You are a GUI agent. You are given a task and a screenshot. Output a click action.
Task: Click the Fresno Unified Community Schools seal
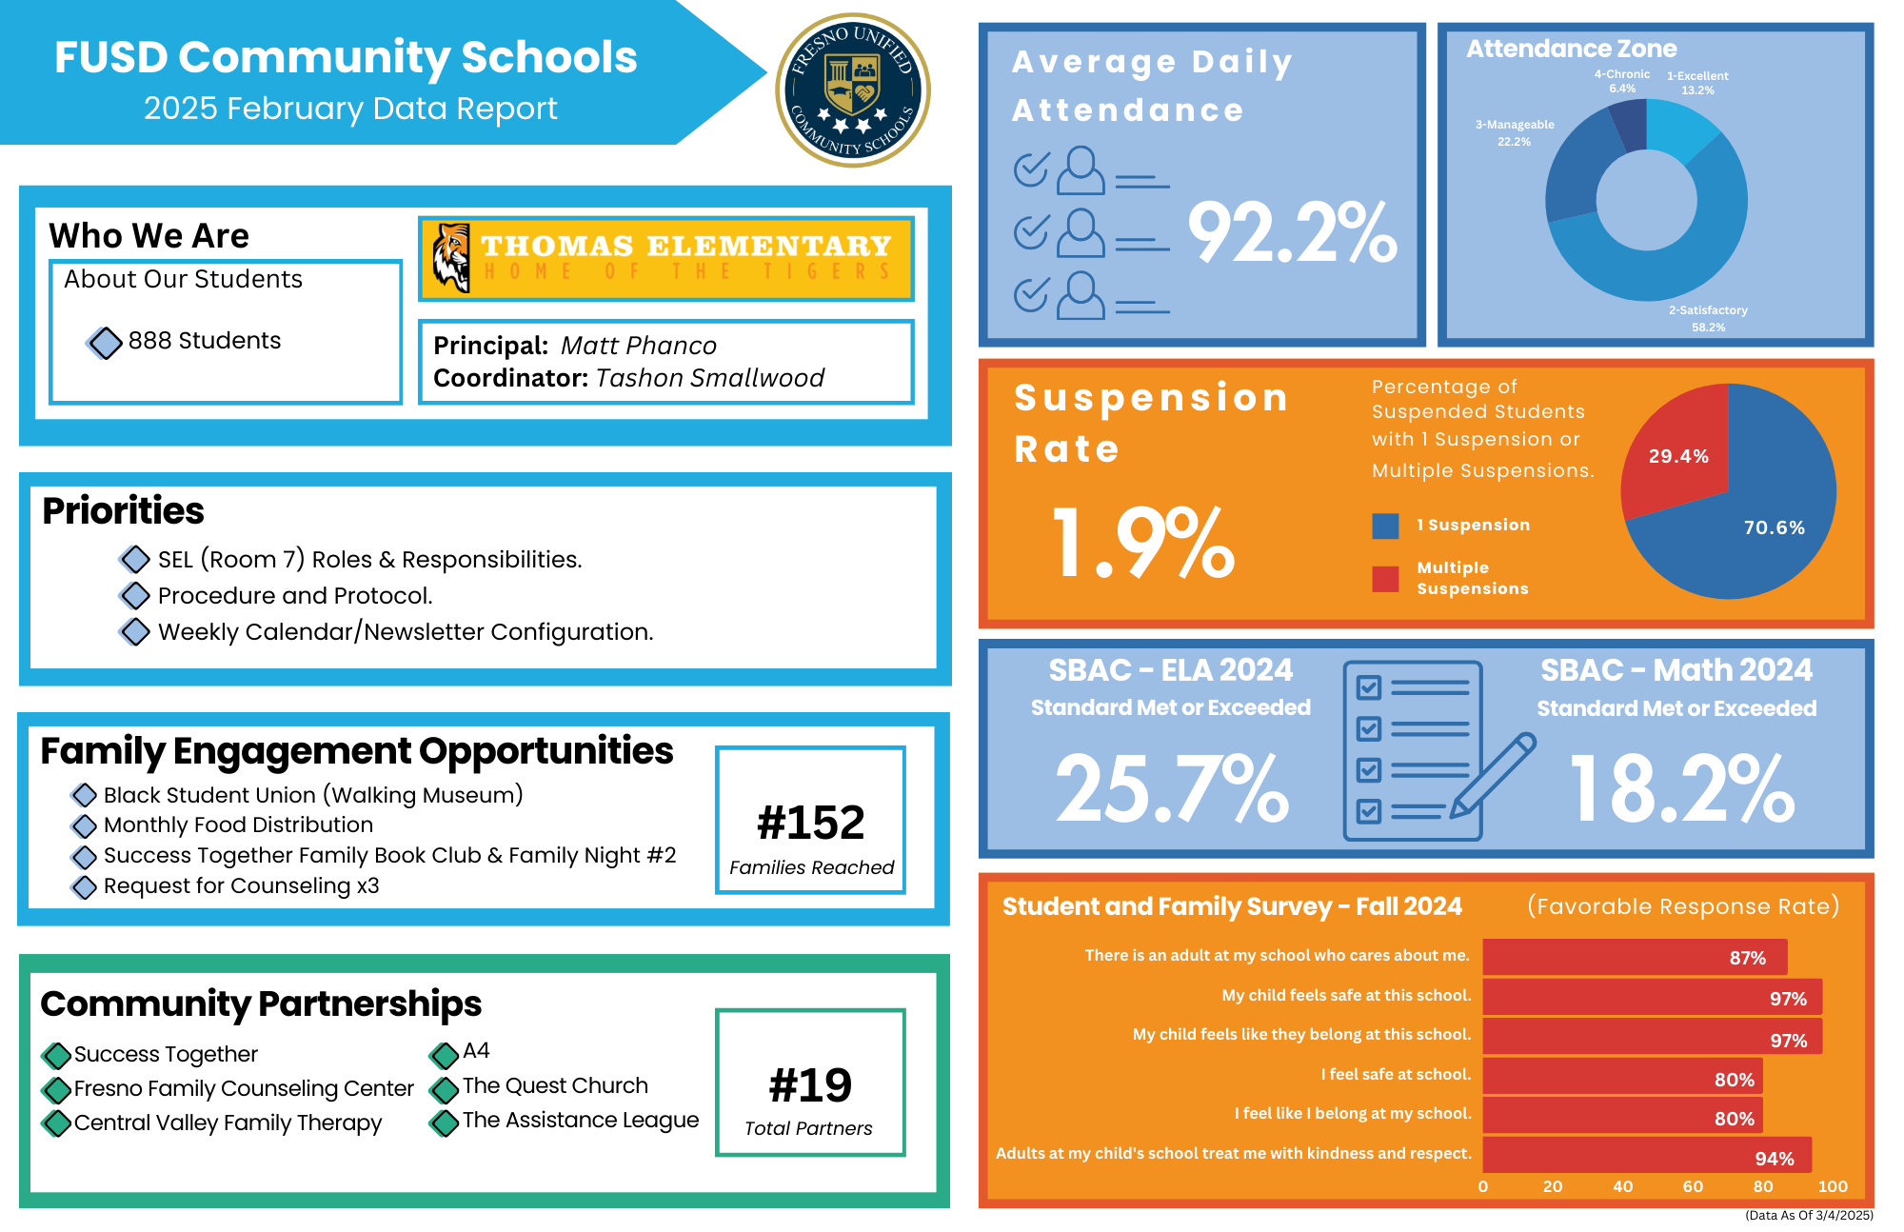[853, 90]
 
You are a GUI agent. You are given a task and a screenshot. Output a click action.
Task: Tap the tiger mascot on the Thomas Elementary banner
[451, 257]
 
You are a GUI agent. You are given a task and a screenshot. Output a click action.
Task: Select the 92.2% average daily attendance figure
[1292, 233]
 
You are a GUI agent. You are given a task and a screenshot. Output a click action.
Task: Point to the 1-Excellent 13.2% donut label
[1697, 83]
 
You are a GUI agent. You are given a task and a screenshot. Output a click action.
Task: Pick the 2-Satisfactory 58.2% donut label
[1708, 319]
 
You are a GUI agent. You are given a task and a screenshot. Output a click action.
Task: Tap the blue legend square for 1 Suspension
[1385, 526]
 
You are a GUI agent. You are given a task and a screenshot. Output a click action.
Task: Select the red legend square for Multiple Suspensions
[1385, 579]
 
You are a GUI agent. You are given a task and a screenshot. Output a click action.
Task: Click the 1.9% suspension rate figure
[1142, 543]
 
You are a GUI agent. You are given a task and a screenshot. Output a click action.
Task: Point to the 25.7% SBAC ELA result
[1172, 788]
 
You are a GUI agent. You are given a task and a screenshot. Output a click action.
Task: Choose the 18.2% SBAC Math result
[1681, 788]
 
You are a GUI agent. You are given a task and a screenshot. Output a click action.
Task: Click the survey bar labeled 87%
[1634, 957]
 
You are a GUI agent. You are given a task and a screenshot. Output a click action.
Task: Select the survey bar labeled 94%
[1647, 1155]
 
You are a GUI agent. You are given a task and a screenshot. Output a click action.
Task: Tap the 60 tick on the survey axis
[1693, 1186]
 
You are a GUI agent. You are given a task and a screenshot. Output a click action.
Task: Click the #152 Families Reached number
[810, 823]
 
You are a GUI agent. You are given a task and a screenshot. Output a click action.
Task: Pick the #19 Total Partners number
[810, 1085]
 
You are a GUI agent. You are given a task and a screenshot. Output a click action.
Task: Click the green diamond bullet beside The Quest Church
[444, 1088]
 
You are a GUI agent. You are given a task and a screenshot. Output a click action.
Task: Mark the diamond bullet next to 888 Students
[105, 343]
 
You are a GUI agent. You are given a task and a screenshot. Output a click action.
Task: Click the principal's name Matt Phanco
[638, 346]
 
